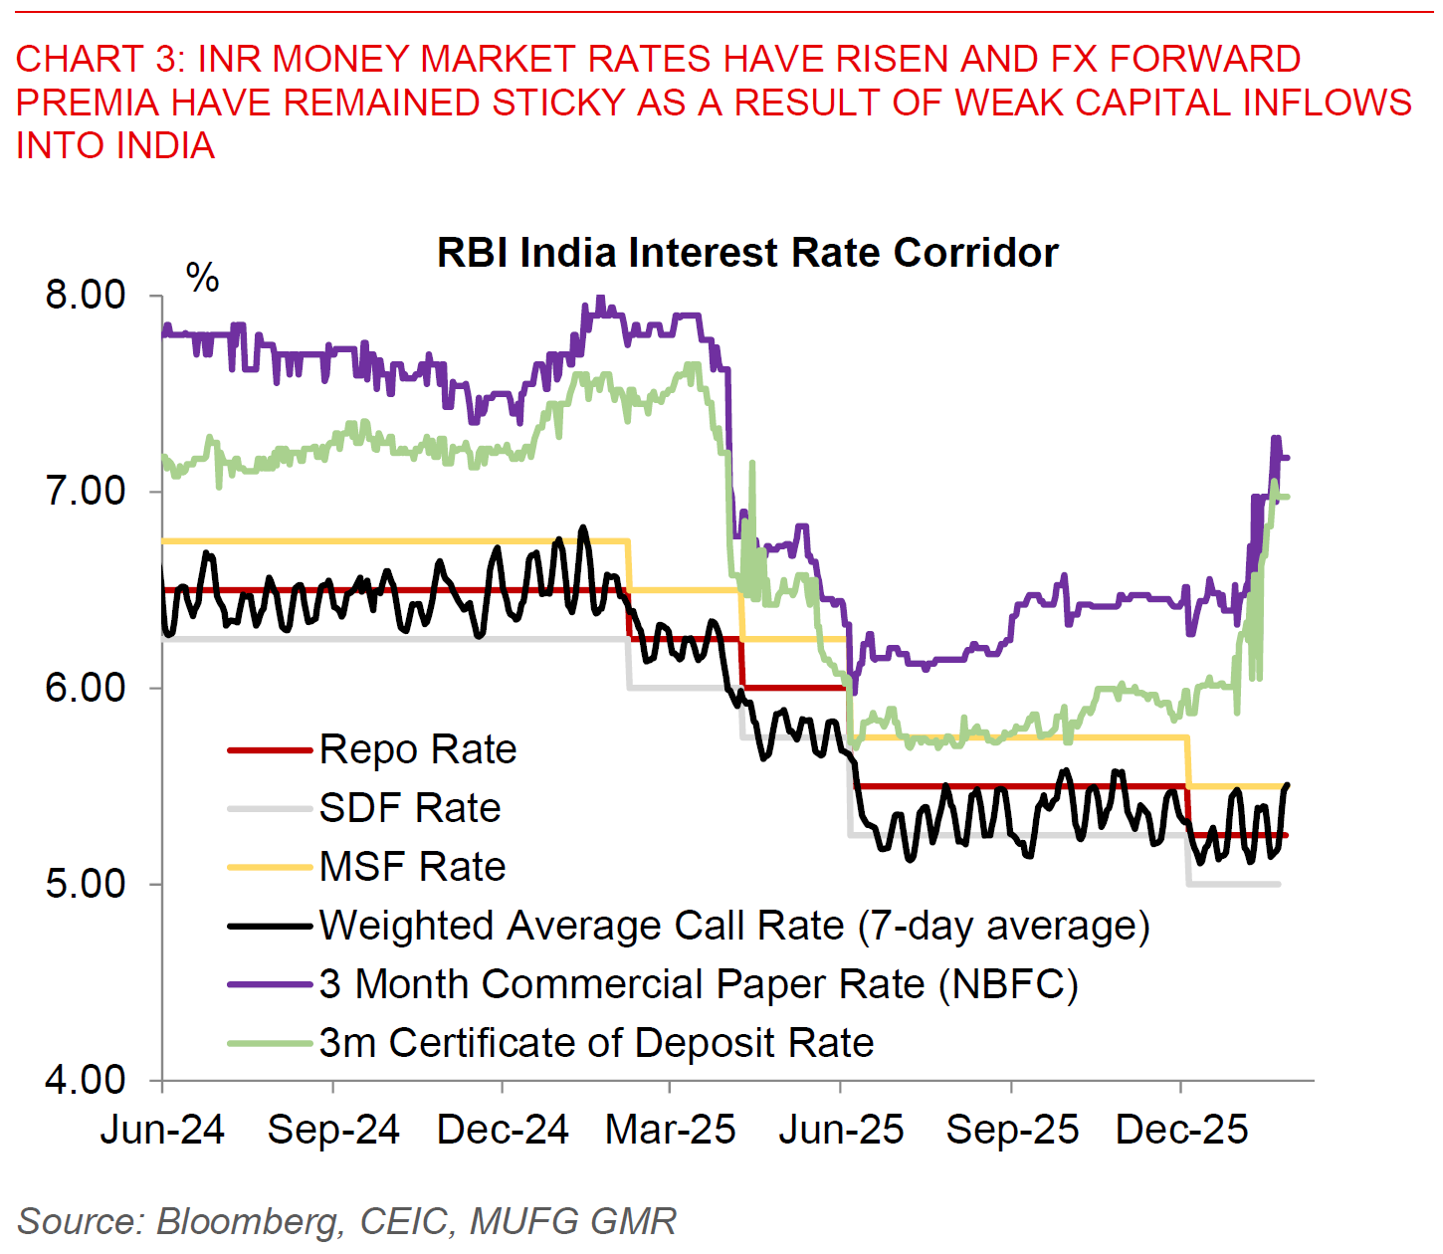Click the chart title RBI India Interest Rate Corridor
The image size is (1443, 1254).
pyautogui.click(x=746, y=253)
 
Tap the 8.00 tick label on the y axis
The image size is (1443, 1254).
pyautogui.click(x=86, y=296)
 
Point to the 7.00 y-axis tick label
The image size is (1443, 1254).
pyautogui.click(x=86, y=492)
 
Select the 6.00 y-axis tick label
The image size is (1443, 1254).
pyautogui.click(x=86, y=688)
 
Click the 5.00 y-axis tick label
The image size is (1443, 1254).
pyautogui.click(x=86, y=884)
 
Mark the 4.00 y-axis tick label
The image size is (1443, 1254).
pyautogui.click(x=86, y=1080)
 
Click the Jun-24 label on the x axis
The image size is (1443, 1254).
pyautogui.click(x=162, y=1131)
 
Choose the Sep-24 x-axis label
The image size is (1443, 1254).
pyautogui.click(x=333, y=1131)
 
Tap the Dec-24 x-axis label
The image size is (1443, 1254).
pyautogui.click(x=503, y=1131)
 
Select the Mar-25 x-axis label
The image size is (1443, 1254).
pyautogui.click(x=671, y=1131)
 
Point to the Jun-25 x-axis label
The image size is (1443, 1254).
pyautogui.click(x=841, y=1131)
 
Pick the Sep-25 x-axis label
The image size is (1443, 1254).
pyautogui.click(x=1012, y=1131)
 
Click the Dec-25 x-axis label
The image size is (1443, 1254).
pyautogui.click(x=1181, y=1131)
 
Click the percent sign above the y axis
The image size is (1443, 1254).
pyautogui.click(x=203, y=278)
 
